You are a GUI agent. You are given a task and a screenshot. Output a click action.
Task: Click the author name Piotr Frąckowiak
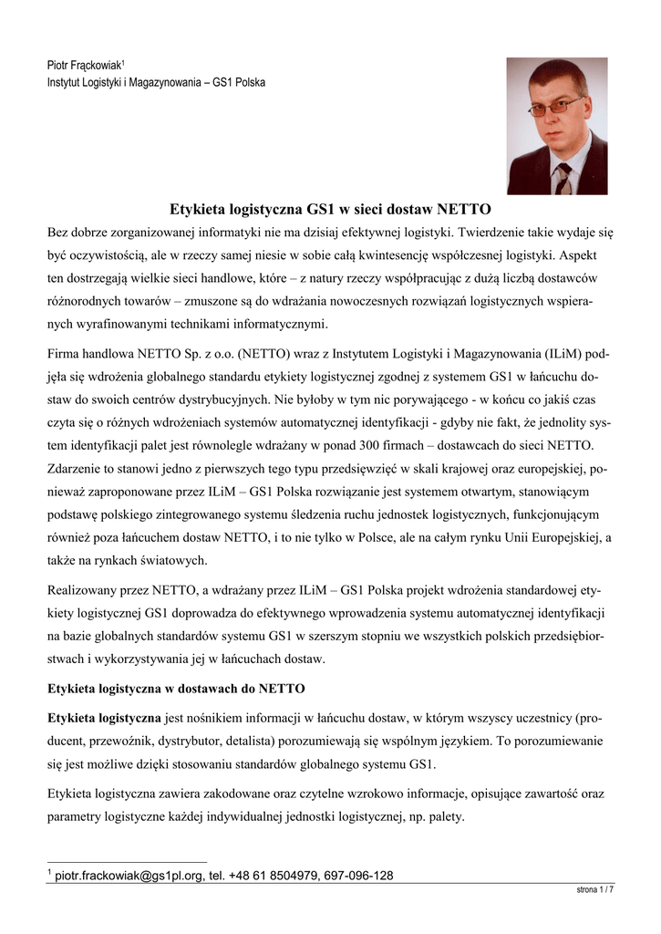pyautogui.click(x=84, y=66)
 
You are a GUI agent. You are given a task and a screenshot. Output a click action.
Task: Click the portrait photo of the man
pyautogui.click(x=556, y=126)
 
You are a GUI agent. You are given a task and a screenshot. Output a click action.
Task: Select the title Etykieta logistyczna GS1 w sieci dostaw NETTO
pyautogui.click(x=331, y=208)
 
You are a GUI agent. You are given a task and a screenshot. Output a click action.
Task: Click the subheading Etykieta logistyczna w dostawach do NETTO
pyautogui.click(x=176, y=687)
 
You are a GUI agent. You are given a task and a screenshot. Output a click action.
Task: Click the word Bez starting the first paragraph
pyautogui.click(x=59, y=232)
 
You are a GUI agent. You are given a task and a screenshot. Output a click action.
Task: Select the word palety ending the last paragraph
pyautogui.click(x=441, y=816)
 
